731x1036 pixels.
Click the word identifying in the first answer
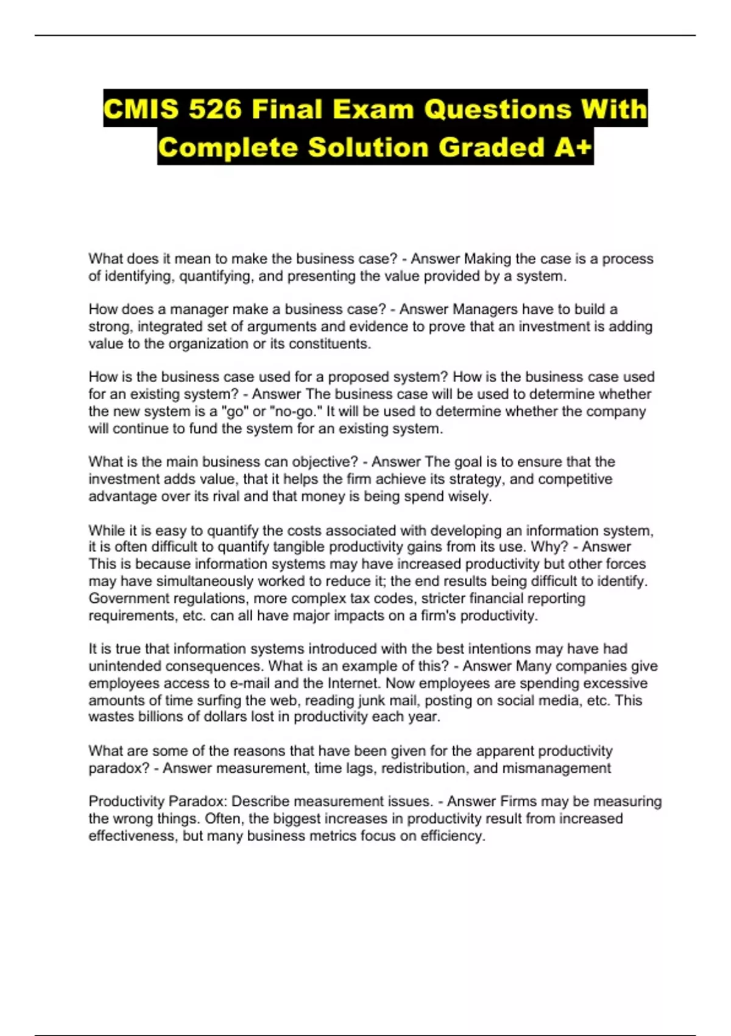pyautogui.click(x=139, y=276)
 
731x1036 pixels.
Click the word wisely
pyautogui.click(x=469, y=496)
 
